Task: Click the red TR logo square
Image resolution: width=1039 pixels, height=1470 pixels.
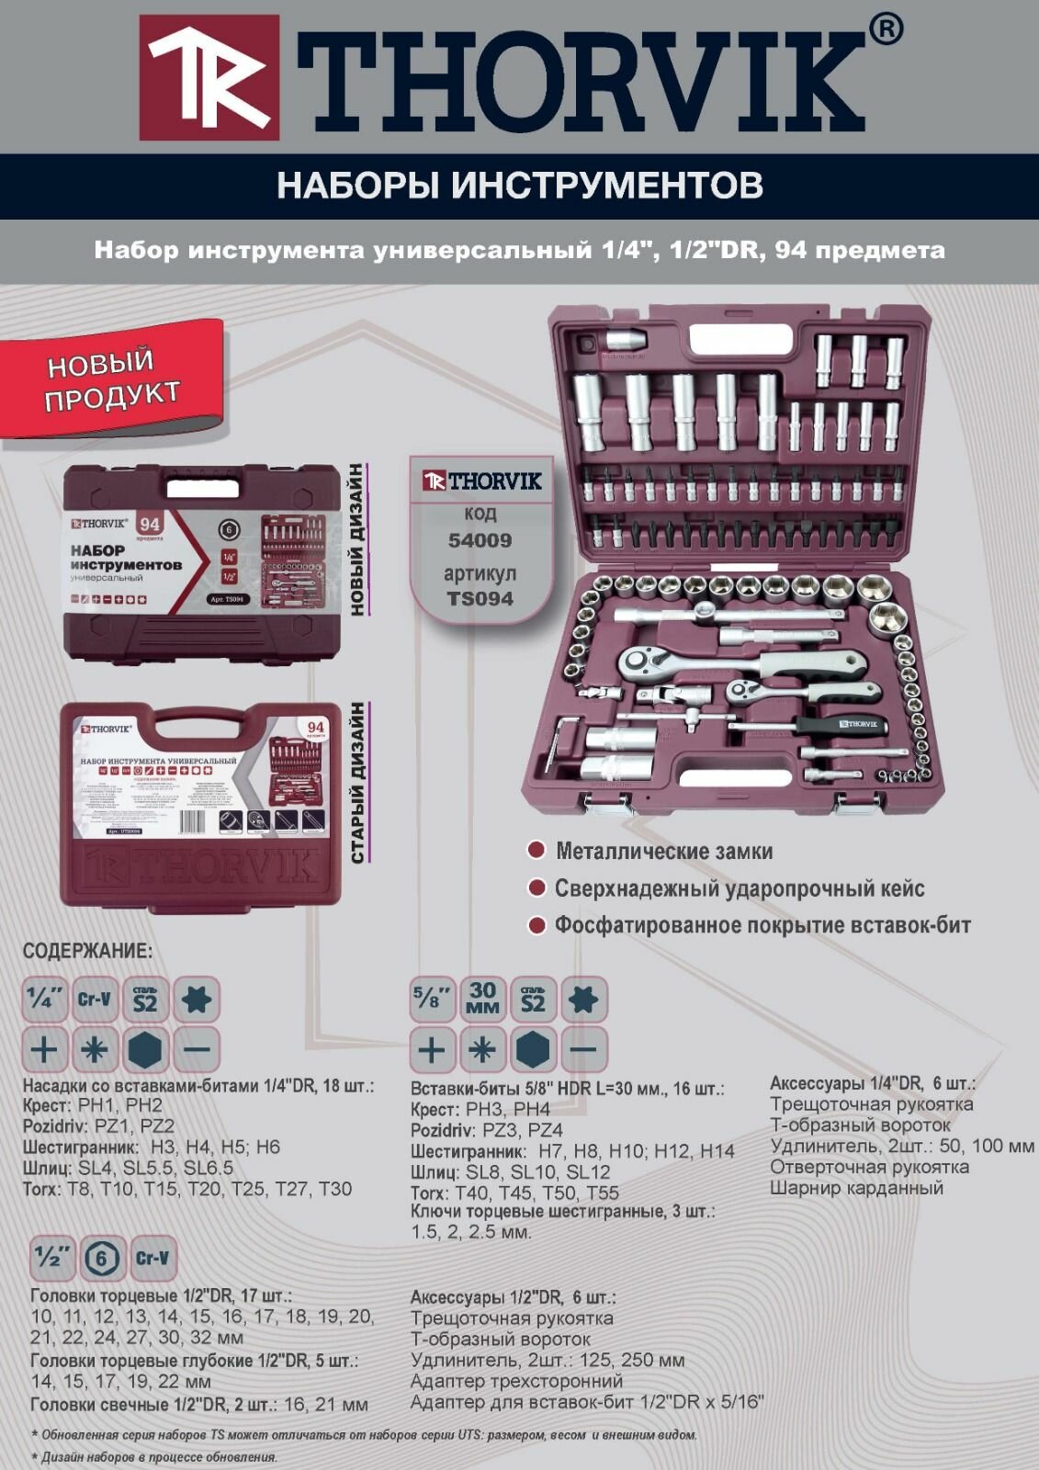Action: pyautogui.click(x=209, y=77)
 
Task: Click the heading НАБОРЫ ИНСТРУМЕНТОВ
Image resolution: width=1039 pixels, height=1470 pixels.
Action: pyautogui.click(x=519, y=186)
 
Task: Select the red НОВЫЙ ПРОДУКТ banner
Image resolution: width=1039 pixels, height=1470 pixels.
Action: pyautogui.click(x=112, y=379)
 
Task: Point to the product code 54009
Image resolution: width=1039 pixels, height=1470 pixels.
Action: pyautogui.click(x=480, y=540)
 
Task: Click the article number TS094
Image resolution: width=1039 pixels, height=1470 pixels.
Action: pyautogui.click(x=480, y=599)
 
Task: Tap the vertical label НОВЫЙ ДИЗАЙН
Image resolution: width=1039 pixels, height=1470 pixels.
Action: pyautogui.click(x=356, y=539)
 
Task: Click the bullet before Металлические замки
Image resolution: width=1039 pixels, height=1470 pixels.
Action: pyautogui.click(x=536, y=850)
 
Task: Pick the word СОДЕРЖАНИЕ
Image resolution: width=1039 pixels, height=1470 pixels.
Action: pyautogui.click(x=87, y=951)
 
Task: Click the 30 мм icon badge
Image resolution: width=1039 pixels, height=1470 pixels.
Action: pyautogui.click(x=482, y=999)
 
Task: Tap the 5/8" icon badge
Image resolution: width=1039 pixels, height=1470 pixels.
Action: pyautogui.click(x=432, y=999)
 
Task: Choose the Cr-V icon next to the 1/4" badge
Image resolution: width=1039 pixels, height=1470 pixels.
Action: pyautogui.click(x=94, y=1000)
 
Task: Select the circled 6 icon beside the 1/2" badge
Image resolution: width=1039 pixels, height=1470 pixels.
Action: pyautogui.click(x=101, y=1258)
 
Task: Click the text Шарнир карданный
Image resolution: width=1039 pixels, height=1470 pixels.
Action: pyautogui.click(x=856, y=1188)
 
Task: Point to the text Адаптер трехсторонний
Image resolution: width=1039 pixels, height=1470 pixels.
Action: pyautogui.click(x=516, y=1381)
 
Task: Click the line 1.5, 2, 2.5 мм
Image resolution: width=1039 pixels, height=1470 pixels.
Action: pyautogui.click(x=470, y=1232)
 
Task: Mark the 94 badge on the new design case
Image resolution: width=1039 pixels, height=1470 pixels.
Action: pyautogui.click(x=150, y=525)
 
